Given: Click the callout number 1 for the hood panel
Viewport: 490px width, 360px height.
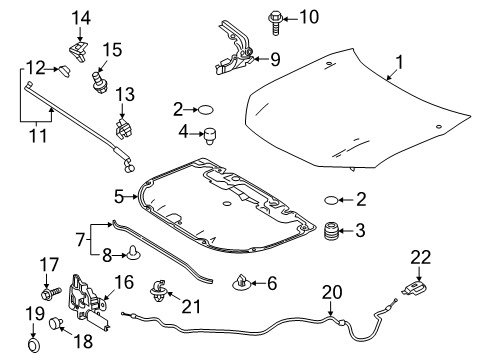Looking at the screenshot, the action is coord(399,62).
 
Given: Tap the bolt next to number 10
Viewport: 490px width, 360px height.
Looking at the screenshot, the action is coord(275,22).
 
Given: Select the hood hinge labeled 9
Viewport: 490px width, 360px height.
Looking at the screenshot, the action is coord(235,49).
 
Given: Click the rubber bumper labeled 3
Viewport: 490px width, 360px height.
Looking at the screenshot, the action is coord(331,231).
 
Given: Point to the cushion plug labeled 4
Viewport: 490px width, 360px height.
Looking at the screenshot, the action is coord(210,135).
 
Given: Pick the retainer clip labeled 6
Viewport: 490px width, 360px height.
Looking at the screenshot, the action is coord(241,283).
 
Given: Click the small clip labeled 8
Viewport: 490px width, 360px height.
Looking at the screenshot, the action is coord(133,253).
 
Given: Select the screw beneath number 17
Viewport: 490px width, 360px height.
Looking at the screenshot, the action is coord(51,293).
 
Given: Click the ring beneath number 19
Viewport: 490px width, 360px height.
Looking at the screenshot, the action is coord(34,345).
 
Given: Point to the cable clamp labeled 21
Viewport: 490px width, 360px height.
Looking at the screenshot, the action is coord(158,290).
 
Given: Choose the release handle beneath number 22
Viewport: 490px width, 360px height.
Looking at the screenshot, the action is coord(415,288).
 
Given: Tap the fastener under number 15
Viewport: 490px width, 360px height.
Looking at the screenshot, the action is coord(99,82).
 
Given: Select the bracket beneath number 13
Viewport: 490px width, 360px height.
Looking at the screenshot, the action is coord(124,129).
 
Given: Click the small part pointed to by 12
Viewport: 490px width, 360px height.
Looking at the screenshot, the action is coord(65,71).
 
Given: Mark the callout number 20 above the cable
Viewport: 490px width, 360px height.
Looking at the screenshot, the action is coord(332,292).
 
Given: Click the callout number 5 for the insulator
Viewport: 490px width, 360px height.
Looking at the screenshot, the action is coord(119,197).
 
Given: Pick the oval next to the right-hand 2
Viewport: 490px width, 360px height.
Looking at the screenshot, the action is coord(331,200).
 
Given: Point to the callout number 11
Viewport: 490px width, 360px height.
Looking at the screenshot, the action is coord(38,136).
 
